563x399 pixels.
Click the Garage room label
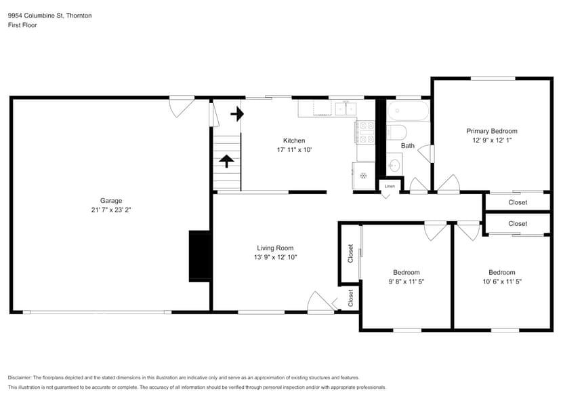(x=111, y=200)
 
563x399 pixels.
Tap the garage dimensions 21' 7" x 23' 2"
(x=111, y=210)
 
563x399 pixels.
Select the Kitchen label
(x=293, y=140)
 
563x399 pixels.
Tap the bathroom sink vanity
(x=394, y=164)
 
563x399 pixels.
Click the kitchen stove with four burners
(x=367, y=132)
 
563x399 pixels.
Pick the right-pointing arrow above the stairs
(x=236, y=113)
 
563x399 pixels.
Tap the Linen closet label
(x=390, y=185)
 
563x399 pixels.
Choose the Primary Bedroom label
(x=491, y=131)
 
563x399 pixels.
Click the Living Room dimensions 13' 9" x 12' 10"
(x=275, y=257)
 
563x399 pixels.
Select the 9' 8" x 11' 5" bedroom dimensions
(x=406, y=281)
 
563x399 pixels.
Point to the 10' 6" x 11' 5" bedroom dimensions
(x=501, y=281)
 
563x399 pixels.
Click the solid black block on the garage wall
(x=199, y=256)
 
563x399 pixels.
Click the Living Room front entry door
(x=320, y=303)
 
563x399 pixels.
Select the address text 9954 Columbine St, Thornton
(x=49, y=15)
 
